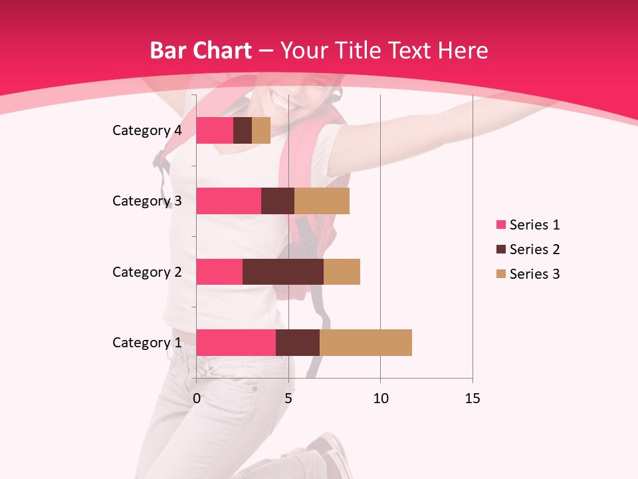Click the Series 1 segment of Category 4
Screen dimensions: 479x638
(x=215, y=130)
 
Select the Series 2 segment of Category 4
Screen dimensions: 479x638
(x=243, y=130)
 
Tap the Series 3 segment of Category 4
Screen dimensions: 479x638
(x=261, y=130)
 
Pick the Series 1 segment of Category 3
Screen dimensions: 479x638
(x=229, y=201)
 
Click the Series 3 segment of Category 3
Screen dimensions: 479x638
(x=322, y=201)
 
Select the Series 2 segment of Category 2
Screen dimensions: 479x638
(x=283, y=271)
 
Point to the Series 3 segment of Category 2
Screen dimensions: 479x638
(x=342, y=271)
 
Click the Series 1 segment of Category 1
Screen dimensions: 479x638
(x=236, y=343)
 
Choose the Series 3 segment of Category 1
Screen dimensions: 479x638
(x=366, y=343)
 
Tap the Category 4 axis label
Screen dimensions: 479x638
(x=147, y=130)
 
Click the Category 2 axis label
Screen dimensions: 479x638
(x=147, y=271)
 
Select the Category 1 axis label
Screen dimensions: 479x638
(x=147, y=343)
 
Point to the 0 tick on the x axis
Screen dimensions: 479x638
(x=197, y=399)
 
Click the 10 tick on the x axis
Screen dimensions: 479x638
(x=380, y=399)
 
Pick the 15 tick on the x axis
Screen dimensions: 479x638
(x=473, y=399)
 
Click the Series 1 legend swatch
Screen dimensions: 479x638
(x=500, y=225)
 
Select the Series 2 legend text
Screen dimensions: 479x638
(x=534, y=249)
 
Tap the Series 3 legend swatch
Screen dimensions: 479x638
(x=500, y=274)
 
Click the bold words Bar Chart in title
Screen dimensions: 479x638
(x=200, y=51)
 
